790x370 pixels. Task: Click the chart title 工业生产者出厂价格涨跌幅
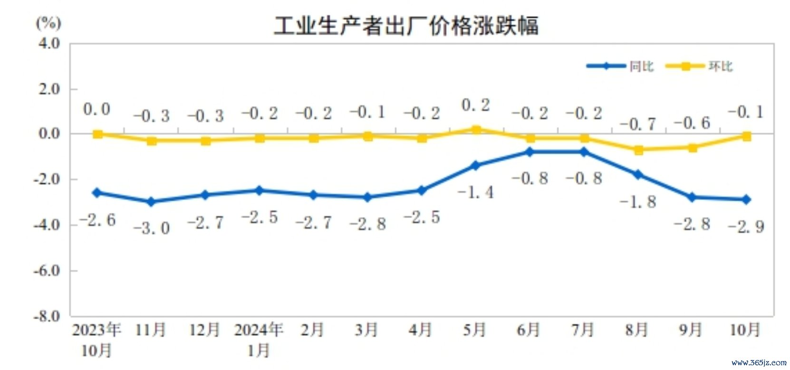click(x=406, y=26)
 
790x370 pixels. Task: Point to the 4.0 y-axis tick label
click(x=49, y=44)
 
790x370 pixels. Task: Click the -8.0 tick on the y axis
click(x=47, y=316)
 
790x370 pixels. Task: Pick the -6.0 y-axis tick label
click(x=47, y=271)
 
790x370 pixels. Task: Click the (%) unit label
click(x=48, y=22)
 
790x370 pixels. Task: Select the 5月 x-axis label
click(x=474, y=330)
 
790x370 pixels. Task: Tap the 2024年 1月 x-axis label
click(x=259, y=339)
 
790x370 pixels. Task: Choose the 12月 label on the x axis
click(x=204, y=330)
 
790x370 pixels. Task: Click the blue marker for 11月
click(x=152, y=202)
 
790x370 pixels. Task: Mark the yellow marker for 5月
click(x=476, y=130)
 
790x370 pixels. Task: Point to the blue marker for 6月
click(x=530, y=152)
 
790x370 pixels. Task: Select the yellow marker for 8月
click(x=638, y=150)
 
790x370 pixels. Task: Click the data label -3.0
click(x=152, y=228)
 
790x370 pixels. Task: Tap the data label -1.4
click(x=475, y=192)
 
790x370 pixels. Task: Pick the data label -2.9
click(x=746, y=227)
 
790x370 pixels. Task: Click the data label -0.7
click(x=638, y=124)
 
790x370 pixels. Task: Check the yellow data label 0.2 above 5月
click(x=475, y=105)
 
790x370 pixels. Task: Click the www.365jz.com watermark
click(x=759, y=362)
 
